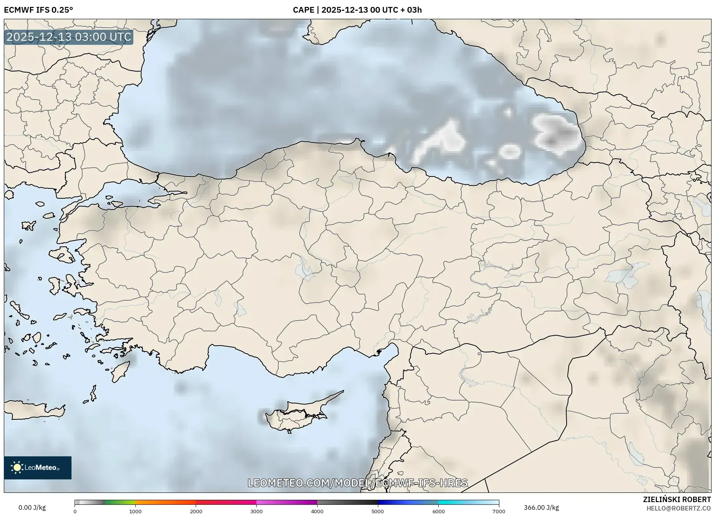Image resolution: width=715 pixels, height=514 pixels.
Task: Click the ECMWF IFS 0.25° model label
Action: coord(38,10)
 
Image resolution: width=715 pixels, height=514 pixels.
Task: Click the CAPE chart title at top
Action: coord(357,10)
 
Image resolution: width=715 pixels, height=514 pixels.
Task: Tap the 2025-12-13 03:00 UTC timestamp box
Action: coord(69,37)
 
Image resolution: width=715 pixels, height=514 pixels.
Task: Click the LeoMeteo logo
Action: coord(38,467)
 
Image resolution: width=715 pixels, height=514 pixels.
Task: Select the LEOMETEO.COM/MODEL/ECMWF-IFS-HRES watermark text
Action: coord(357,483)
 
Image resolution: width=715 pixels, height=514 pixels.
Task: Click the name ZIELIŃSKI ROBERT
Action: coord(677,499)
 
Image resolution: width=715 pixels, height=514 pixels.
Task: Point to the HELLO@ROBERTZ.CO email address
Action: coord(678,508)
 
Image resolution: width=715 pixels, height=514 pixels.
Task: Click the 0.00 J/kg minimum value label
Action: coord(32,507)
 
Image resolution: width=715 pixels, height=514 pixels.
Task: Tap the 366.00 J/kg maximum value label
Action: coord(541,507)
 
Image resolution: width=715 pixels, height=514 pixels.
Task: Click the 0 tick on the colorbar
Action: coord(75,511)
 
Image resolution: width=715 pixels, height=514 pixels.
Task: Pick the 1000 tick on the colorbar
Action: coord(135,511)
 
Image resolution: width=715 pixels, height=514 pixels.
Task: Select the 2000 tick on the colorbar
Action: coord(196,511)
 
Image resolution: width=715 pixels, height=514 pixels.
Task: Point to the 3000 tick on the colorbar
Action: coord(256,511)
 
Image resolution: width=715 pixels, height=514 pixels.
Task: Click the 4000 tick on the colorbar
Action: coord(317,511)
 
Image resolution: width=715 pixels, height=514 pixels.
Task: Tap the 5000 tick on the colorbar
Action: coord(377,511)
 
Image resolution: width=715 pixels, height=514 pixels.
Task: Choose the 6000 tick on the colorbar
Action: coord(438,511)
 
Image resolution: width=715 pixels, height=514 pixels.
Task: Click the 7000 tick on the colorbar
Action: coord(499,511)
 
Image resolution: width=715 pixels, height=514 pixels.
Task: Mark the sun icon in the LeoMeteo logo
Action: coord(17,467)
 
